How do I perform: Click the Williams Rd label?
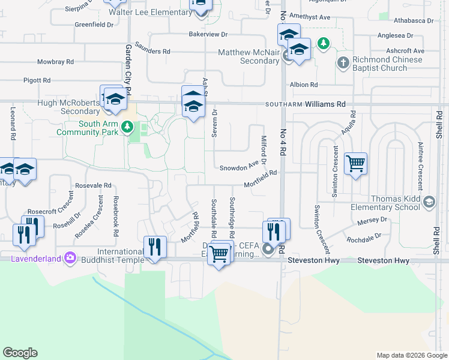(325, 104)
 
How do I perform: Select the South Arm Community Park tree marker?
(127, 127)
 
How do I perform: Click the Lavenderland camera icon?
(70, 257)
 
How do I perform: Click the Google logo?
(20, 353)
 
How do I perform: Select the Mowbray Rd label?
(55, 62)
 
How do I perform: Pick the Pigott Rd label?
(37, 80)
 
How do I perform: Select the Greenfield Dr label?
(94, 25)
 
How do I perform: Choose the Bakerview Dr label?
(208, 34)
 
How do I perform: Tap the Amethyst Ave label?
(310, 17)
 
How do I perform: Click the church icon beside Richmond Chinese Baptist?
(343, 62)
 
